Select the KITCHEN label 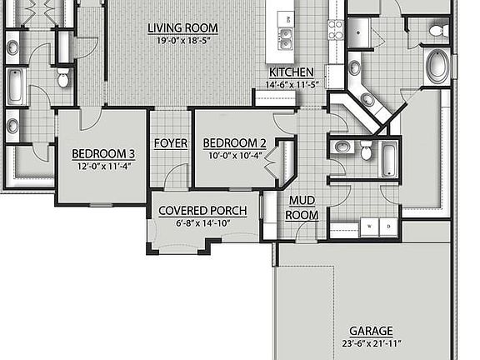[x=292, y=72]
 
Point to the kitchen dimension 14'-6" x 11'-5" [x=292, y=84]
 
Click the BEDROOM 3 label [x=103, y=152]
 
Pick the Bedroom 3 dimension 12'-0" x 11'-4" [x=103, y=165]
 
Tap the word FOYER [x=170, y=143]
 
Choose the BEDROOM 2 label [x=234, y=142]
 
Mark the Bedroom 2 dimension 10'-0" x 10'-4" [x=233, y=155]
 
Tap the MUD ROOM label [x=301, y=207]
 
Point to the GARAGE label [x=371, y=331]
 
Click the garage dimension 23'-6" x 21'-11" [x=371, y=343]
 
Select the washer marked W [x=367, y=226]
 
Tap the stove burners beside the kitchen [x=336, y=29]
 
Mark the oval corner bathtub [x=437, y=66]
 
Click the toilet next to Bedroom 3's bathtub [x=63, y=79]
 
